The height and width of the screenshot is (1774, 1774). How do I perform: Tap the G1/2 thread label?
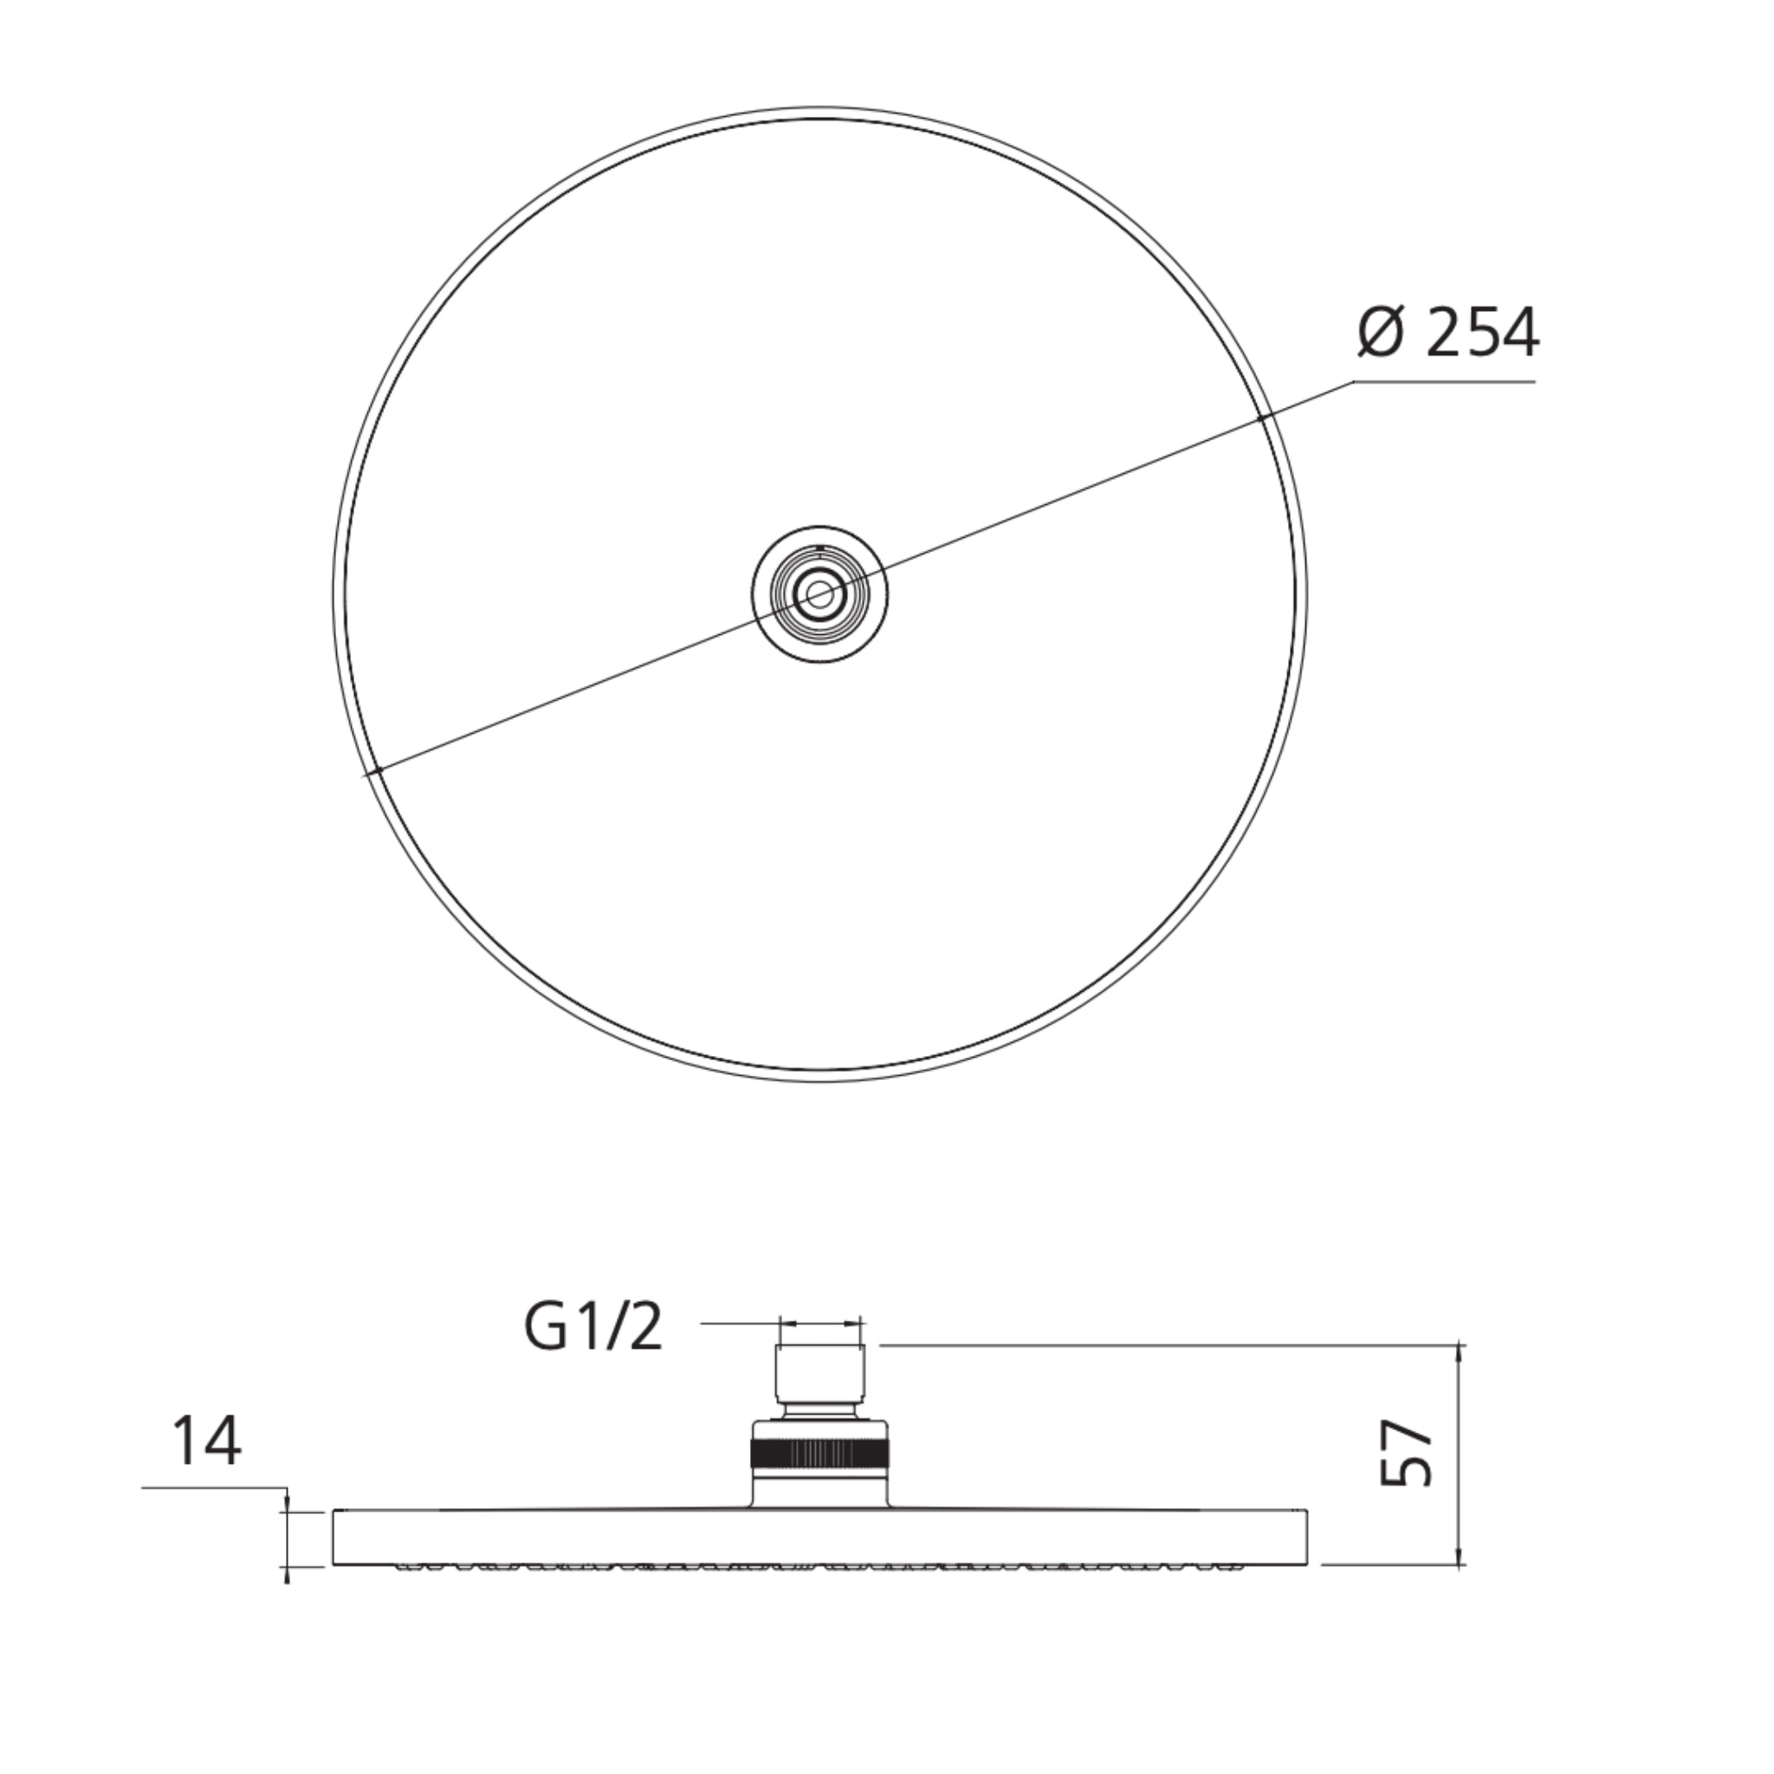[593, 1329]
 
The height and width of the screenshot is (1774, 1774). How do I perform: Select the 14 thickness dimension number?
[207, 1442]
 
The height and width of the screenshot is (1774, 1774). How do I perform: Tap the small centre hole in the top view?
[819, 595]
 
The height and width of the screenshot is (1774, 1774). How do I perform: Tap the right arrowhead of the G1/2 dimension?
[858, 1324]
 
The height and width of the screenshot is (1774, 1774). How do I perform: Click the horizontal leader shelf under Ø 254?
[1444, 381]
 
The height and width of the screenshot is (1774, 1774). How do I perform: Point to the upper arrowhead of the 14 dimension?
[288, 1504]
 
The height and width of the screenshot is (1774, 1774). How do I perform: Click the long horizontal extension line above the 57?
[1166, 1346]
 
